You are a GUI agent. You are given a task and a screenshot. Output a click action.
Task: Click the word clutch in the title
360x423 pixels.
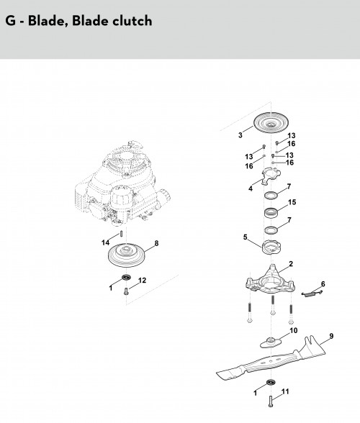[x=132, y=20]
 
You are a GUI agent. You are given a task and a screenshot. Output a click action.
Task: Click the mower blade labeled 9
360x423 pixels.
[x=271, y=360]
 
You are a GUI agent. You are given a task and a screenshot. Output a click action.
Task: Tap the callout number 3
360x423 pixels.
[x=240, y=135]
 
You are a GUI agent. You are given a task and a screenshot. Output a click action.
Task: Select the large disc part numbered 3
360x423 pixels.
[x=271, y=123]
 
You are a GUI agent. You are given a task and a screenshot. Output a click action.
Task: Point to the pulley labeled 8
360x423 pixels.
[x=127, y=255]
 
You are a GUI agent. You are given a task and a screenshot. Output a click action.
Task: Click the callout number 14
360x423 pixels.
[x=105, y=242]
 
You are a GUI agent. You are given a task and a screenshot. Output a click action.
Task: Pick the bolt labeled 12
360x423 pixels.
[x=125, y=291]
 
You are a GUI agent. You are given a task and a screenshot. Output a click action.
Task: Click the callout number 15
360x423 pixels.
[x=292, y=202]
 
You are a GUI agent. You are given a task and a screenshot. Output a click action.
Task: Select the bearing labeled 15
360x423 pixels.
[x=271, y=212]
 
